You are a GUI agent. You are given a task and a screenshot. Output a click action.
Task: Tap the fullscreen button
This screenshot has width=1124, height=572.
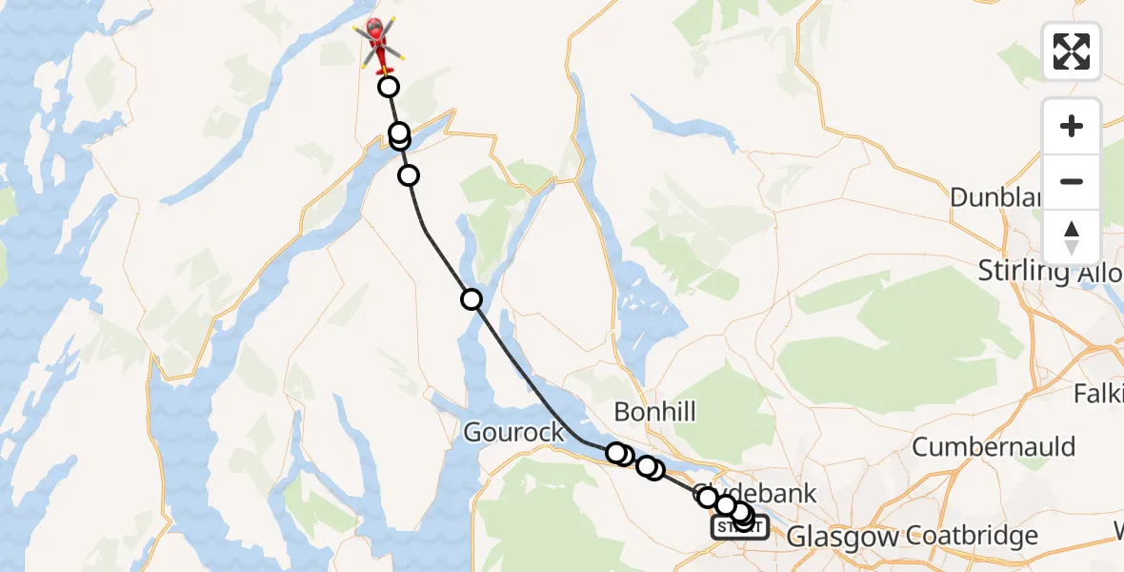pyautogui.click(x=1072, y=51)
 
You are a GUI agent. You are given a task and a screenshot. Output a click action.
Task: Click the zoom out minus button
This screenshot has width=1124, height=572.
pyautogui.click(x=1072, y=181)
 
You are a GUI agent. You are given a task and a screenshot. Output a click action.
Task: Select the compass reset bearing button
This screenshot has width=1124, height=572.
pyautogui.click(x=1072, y=237)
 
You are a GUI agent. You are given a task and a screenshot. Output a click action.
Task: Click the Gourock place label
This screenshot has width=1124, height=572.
pyautogui.click(x=513, y=433)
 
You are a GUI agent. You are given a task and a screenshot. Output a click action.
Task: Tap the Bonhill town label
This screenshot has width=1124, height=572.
pyautogui.click(x=654, y=412)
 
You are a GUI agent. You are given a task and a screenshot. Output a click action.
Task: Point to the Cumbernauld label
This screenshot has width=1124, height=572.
pyautogui.click(x=994, y=446)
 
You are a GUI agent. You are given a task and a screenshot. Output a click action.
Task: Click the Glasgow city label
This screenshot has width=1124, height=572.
pyautogui.click(x=843, y=537)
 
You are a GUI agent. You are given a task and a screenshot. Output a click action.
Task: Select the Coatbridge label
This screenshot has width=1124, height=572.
pyautogui.click(x=972, y=535)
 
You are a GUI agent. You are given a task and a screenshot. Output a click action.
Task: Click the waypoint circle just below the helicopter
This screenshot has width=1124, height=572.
pyautogui.click(x=389, y=88)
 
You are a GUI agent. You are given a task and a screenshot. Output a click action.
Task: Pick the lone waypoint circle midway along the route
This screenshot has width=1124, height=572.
pyautogui.click(x=472, y=299)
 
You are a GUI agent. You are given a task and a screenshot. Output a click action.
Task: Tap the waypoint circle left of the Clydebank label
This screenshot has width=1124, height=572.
pyautogui.click(x=707, y=497)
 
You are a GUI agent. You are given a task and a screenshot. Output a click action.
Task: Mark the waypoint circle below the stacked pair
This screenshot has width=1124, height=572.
pyautogui.click(x=409, y=175)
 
